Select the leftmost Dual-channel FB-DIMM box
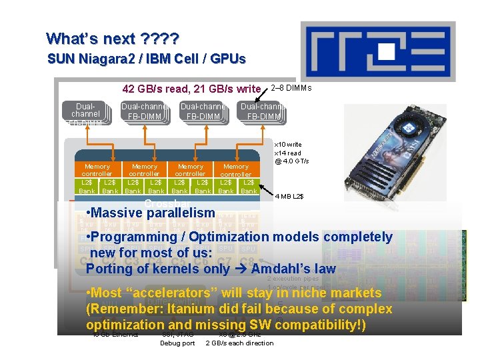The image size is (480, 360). [x=85, y=114]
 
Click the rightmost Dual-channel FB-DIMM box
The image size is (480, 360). [x=263, y=112]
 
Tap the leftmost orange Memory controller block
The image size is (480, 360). [x=97, y=170]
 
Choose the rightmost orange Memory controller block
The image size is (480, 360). [x=236, y=170]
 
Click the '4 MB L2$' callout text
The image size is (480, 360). [x=289, y=196]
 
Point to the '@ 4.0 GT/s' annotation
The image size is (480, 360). [x=292, y=161]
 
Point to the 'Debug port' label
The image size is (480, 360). [x=177, y=343]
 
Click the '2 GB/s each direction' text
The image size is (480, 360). [x=239, y=343]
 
